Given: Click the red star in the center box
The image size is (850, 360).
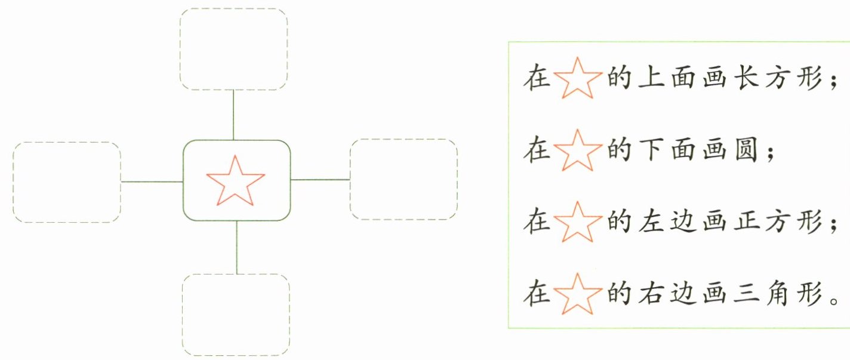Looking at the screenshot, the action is pyautogui.click(x=235, y=181).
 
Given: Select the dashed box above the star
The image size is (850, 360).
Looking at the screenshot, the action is pyautogui.click(x=234, y=49).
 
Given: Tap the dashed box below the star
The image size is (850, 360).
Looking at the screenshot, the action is pyautogui.click(x=236, y=315).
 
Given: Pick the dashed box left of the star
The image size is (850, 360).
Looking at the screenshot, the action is pyautogui.click(x=66, y=182).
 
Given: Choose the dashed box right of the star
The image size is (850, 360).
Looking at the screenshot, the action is pyautogui.click(x=404, y=179).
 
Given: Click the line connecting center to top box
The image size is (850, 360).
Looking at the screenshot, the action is pyautogui.click(x=233, y=115).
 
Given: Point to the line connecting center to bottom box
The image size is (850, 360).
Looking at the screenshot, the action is pyautogui.click(x=237, y=247).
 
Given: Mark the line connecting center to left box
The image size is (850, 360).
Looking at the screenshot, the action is pyautogui.click(x=152, y=181).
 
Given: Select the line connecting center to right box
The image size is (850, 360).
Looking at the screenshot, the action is pyautogui.click(x=320, y=179).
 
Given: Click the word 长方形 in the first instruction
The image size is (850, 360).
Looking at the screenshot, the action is pyautogui.click(x=783, y=79).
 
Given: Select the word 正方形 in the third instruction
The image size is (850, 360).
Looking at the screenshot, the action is pyautogui.click(x=783, y=223).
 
